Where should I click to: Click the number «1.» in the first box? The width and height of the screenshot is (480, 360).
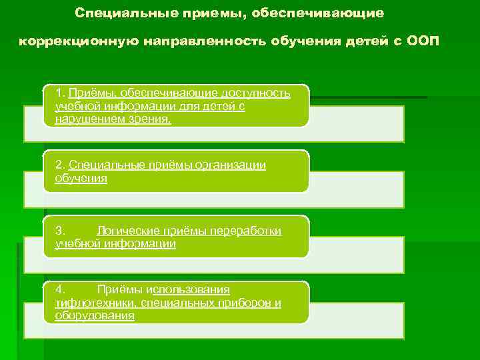[61, 93]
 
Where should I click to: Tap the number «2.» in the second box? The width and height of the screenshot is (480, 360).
[61, 165]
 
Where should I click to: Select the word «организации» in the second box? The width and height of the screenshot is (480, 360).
[231, 165]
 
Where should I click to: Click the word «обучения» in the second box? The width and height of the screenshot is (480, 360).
[81, 179]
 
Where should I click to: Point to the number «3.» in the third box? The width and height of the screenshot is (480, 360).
[60, 231]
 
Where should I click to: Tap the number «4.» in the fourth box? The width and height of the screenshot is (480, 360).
[60, 289]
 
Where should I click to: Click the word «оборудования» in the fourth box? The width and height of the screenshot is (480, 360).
[94, 316]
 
